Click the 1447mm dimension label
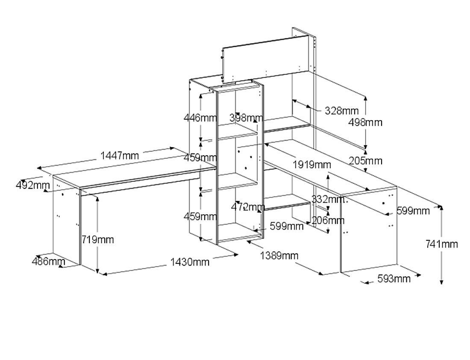(120, 156)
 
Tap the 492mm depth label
(33, 186)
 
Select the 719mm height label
(98, 239)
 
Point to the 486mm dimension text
(49, 261)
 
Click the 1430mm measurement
(190, 262)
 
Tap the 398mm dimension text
(246, 118)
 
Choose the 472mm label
(248, 207)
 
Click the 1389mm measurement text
(279, 256)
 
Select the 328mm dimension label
(342, 111)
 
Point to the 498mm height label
(365, 122)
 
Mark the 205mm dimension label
(365, 161)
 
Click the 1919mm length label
(312, 165)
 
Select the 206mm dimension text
(328, 220)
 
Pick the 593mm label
(394, 279)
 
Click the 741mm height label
(441, 244)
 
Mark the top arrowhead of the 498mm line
(366, 97)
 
